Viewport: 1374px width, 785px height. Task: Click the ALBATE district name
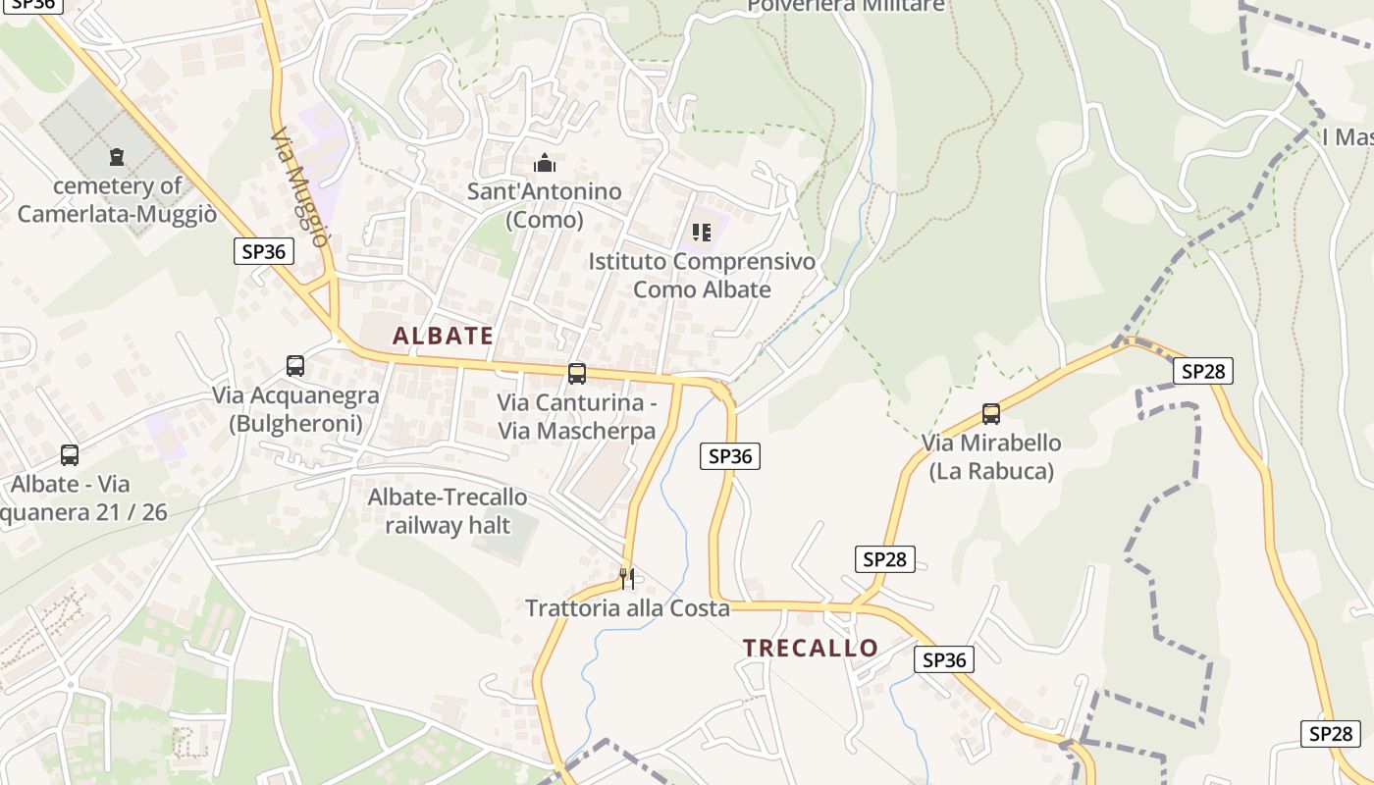(443, 336)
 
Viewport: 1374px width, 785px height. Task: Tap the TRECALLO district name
(810, 648)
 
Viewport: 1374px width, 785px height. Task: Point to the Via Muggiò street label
(298, 187)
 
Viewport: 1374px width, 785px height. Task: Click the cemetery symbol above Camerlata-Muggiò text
(117, 156)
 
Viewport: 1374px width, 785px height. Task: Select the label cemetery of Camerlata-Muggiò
(117, 200)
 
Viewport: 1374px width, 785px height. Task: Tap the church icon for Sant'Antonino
(544, 163)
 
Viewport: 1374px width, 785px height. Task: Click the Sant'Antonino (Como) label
(544, 205)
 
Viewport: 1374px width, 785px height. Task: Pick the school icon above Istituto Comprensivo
(701, 233)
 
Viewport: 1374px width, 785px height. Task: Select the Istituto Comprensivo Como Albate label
(702, 276)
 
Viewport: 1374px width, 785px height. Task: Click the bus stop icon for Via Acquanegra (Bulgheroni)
(295, 366)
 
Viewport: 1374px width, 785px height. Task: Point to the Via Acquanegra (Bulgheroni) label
(295, 409)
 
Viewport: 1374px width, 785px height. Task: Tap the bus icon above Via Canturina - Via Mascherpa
(577, 373)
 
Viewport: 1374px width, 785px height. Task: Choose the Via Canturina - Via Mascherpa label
(576, 416)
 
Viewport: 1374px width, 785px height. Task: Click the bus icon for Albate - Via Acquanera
(70, 454)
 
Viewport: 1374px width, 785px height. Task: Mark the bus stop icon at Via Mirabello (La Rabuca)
(991, 414)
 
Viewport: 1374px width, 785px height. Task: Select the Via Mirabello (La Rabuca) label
(991, 457)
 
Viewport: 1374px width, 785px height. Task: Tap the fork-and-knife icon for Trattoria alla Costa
(627, 578)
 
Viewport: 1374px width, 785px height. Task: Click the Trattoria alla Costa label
(627, 608)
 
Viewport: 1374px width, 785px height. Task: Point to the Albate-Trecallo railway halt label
(448, 511)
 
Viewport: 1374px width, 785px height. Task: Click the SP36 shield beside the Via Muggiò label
(264, 251)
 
